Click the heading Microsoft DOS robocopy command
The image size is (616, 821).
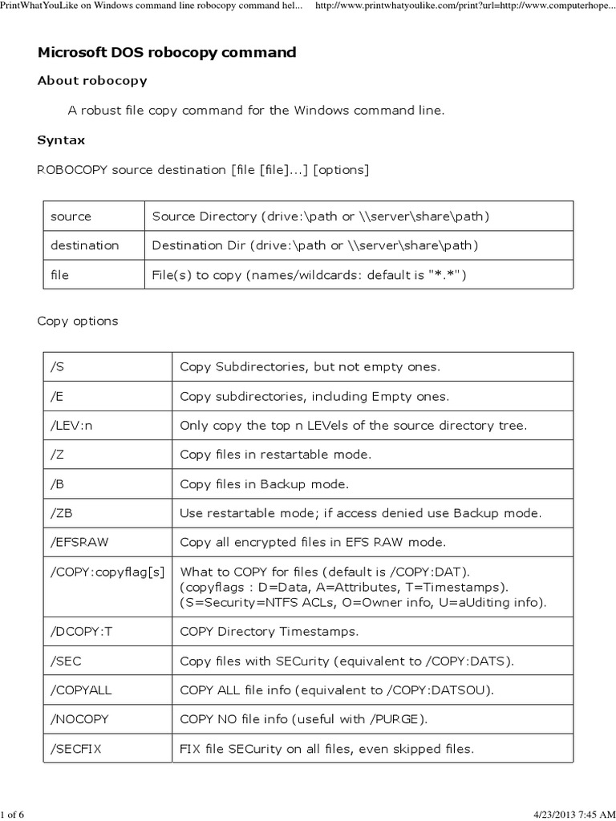[x=167, y=53]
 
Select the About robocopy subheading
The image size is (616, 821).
[x=92, y=81]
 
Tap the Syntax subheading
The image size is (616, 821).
[x=61, y=140]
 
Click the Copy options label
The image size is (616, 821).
[x=78, y=321]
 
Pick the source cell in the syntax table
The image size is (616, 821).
[x=71, y=216]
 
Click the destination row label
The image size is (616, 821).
[x=84, y=245]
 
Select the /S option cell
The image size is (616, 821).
[x=57, y=367]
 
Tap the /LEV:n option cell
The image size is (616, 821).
[x=71, y=426]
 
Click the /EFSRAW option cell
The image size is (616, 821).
[x=79, y=543]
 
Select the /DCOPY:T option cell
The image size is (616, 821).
[x=82, y=632]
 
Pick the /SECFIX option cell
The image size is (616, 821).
[x=77, y=749]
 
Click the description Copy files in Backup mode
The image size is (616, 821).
[x=265, y=484]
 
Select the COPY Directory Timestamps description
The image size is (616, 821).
[x=269, y=632]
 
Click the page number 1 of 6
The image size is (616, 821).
[x=13, y=815]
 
